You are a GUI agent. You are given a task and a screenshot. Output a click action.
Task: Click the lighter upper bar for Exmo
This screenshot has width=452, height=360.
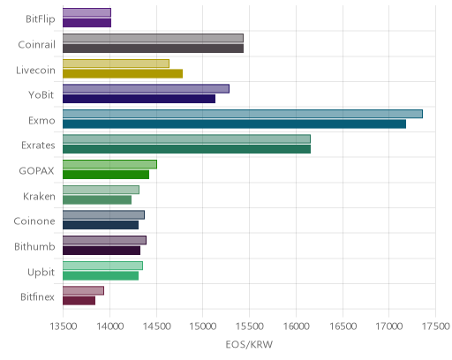pos(243,114)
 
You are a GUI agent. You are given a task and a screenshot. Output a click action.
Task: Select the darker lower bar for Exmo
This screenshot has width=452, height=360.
pos(235,124)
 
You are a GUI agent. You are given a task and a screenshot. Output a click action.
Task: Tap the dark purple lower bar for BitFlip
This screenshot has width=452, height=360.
pos(87,23)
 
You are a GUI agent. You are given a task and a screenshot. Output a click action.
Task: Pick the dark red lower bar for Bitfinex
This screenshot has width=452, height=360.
pos(79,301)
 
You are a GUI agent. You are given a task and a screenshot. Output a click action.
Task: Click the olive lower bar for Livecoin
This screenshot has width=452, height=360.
pos(123,73)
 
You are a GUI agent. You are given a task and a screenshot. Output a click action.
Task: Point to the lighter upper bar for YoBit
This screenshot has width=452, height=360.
pos(146,88)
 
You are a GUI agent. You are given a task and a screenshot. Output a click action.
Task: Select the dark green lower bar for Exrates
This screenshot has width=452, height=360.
pos(187,149)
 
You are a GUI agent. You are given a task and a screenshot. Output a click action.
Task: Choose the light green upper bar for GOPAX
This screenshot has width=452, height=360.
pos(109,164)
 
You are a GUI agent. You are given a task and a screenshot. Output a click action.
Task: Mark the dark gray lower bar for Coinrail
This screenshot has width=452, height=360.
pos(154,49)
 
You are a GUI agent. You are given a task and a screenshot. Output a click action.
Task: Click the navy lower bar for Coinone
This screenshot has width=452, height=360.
pos(101,225)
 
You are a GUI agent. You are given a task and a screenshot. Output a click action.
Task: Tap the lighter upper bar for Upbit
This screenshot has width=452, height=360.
pos(102,266)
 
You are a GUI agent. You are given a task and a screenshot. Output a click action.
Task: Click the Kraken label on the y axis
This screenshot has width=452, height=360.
pos(39,196)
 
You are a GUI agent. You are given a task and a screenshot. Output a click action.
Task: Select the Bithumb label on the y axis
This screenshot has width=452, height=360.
pos(34,246)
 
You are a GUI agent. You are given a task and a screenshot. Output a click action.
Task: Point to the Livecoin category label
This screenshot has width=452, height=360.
pos(35,71)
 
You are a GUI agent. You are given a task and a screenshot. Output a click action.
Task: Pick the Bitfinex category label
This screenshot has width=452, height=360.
pos(37,297)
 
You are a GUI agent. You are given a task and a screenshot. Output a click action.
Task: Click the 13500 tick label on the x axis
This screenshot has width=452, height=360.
pos(64,326)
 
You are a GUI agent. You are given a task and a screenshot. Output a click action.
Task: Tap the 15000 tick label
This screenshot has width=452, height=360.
pos(203,326)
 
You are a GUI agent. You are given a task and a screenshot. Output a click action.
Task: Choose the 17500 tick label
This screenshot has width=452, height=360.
pos(436,326)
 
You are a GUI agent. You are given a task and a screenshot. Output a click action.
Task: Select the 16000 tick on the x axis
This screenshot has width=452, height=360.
pos(296,326)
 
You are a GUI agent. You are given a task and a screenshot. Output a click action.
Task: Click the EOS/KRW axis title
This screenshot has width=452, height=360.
pos(249,344)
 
